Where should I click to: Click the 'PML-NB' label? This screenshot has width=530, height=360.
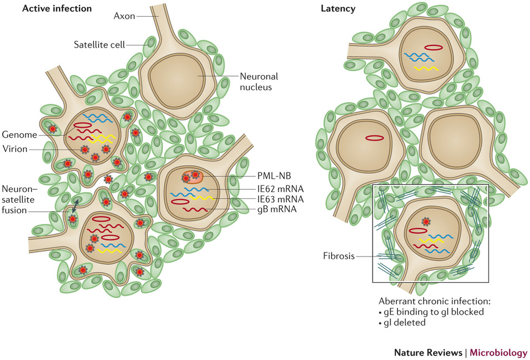coord(261,175)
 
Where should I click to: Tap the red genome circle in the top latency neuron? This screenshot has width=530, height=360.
coord(433,48)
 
